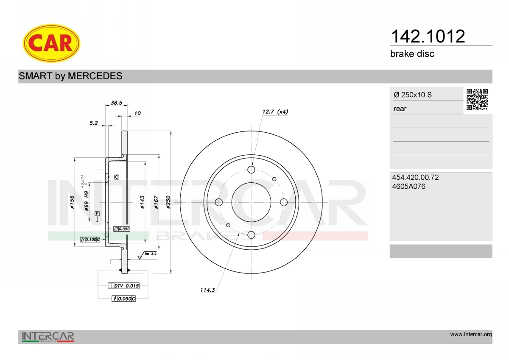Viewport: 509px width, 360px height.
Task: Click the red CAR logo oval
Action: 51,43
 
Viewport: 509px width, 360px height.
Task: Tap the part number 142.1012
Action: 428,36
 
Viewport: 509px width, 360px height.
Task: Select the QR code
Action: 477,100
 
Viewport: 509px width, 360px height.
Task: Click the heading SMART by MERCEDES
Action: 70,76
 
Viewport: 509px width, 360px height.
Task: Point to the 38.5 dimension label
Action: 116,103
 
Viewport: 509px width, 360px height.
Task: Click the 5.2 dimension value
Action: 93,123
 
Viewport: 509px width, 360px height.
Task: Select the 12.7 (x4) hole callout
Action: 275,112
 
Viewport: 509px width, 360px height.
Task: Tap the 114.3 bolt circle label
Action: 207,290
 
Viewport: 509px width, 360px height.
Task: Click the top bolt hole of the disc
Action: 251,170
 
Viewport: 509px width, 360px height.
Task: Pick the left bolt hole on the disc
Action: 218,202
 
